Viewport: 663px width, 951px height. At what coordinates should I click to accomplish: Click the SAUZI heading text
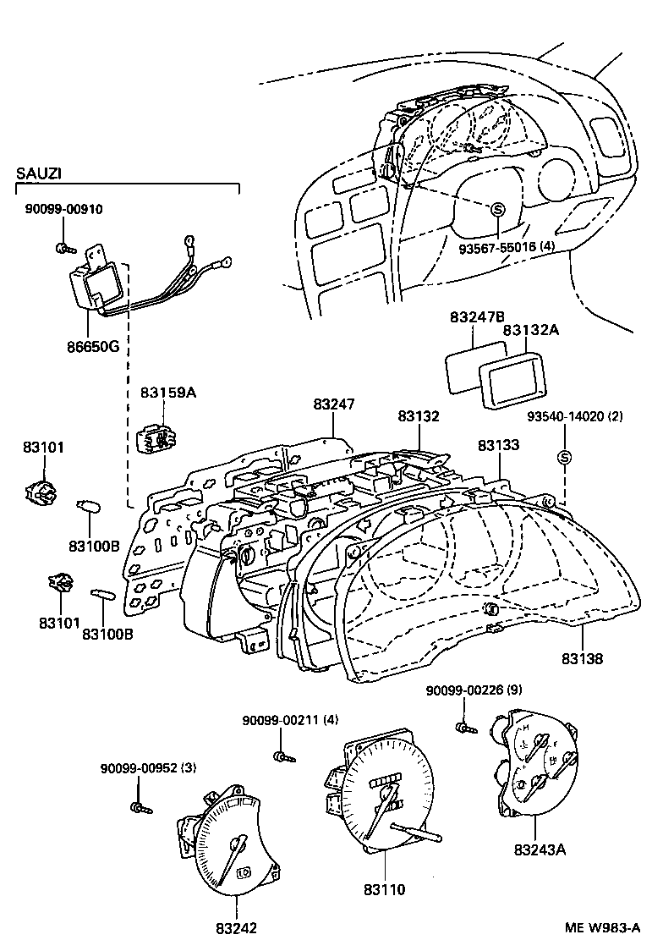click(39, 173)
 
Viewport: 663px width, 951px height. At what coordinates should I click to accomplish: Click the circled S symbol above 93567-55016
click(497, 209)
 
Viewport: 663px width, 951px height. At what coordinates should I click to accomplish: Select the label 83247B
click(477, 317)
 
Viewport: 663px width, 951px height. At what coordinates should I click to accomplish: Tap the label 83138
click(582, 657)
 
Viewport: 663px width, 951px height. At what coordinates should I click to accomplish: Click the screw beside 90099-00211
click(280, 755)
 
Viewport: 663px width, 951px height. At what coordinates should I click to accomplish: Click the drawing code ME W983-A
click(601, 927)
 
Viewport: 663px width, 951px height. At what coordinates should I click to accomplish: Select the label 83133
click(498, 445)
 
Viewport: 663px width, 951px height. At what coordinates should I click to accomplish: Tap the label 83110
click(385, 889)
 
